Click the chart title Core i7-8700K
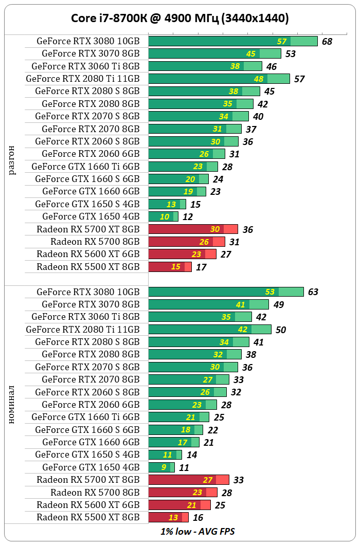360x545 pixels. (x=179, y=19)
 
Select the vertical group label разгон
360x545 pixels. (x=12, y=160)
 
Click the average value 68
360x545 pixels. (x=327, y=42)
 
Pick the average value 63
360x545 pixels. (x=313, y=292)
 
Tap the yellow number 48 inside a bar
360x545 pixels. (x=259, y=79)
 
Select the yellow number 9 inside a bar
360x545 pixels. (x=164, y=467)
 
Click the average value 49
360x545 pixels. (x=278, y=305)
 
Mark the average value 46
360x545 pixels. (x=272, y=67)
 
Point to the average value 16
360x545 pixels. (x=198, y=518)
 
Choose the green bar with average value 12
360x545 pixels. (x=163, y=216)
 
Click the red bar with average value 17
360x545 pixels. (x=170, y=267)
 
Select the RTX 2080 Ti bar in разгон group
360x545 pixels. (x=219, y=79)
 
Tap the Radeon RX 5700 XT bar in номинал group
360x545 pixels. (x=188, y=480)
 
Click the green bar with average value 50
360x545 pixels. (x=210, y=329)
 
